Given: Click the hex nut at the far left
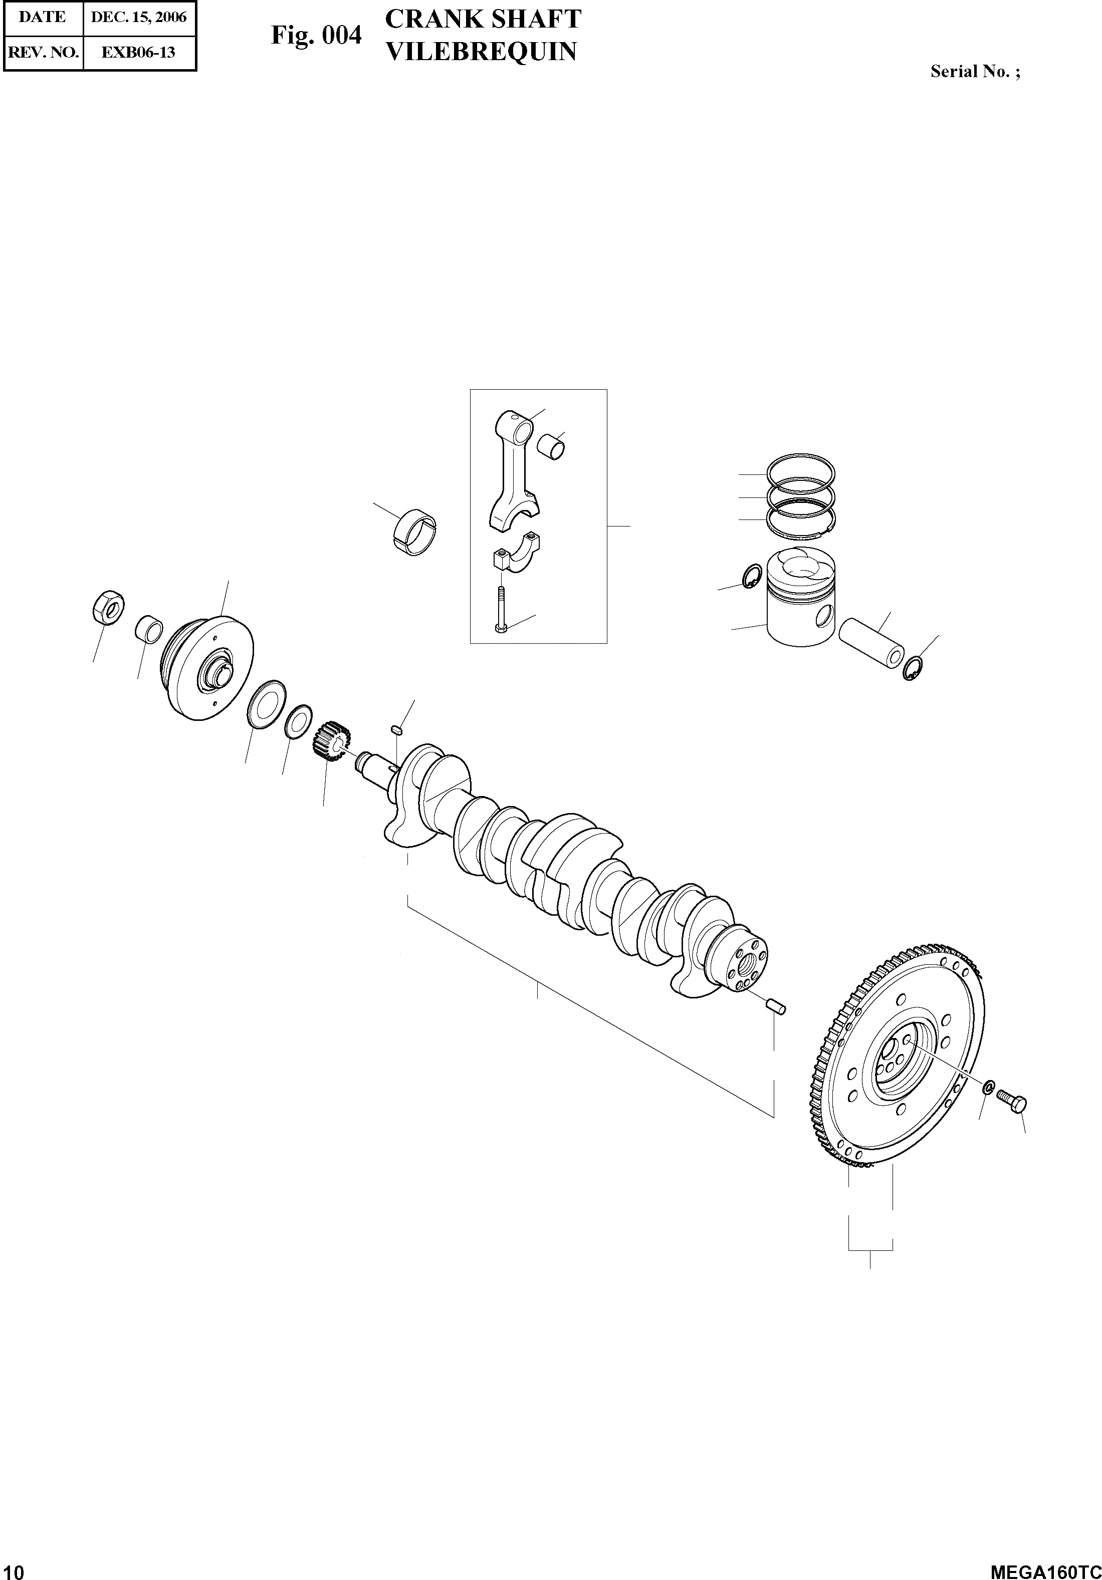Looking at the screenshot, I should [108, 607].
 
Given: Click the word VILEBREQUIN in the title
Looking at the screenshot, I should [481, 52].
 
